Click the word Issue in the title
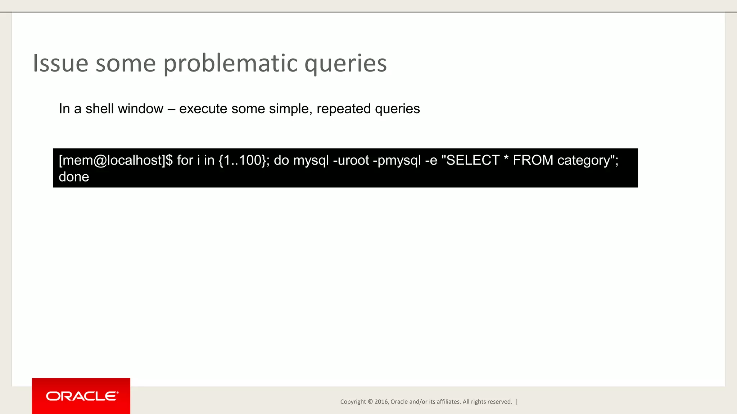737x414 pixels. point(60,63)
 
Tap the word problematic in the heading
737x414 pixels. point(230,63)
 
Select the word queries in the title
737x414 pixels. point(345,63)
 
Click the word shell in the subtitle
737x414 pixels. point(99,109)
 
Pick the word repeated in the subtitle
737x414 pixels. point(343,109)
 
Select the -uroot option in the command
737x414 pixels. point(351,160)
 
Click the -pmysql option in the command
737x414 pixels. point(397,160)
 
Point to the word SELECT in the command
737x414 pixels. point(473,160)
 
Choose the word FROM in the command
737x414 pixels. point(533,160)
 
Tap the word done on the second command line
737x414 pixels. point(74,177)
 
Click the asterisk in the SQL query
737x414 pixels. point(506,158)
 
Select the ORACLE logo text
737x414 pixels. point(82,396)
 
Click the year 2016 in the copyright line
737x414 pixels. point(381,402)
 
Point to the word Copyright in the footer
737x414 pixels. point(353,402)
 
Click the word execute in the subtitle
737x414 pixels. point(203,109)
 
